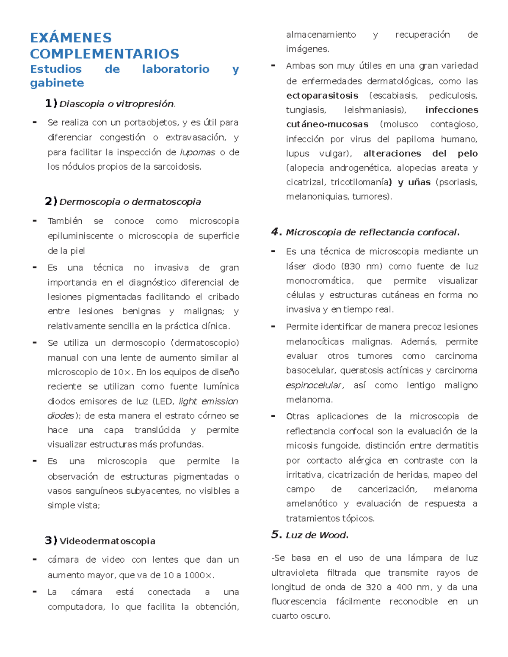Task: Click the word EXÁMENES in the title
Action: click(x=71, y=38)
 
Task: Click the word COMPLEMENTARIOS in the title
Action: click(x=105, y=54)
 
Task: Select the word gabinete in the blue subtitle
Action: click(x=57, y=83)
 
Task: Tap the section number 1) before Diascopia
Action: click(x=51, y=103)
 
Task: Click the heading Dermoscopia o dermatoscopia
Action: click(x=130, y=202)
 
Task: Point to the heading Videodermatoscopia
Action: click(x=107, y=541)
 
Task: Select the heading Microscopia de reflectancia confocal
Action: click(x=372, y=232)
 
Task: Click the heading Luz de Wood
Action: click(x=317, y=535)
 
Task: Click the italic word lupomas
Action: click(x=197, y=152)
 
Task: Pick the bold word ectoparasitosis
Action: click(x=322, y=96)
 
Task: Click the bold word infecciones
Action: click(x=451, y=110)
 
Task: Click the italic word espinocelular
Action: click(x=314, y=385)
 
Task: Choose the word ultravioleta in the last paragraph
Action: click(x=295, y=573)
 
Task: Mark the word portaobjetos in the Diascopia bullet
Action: click(x=144, y=123)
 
